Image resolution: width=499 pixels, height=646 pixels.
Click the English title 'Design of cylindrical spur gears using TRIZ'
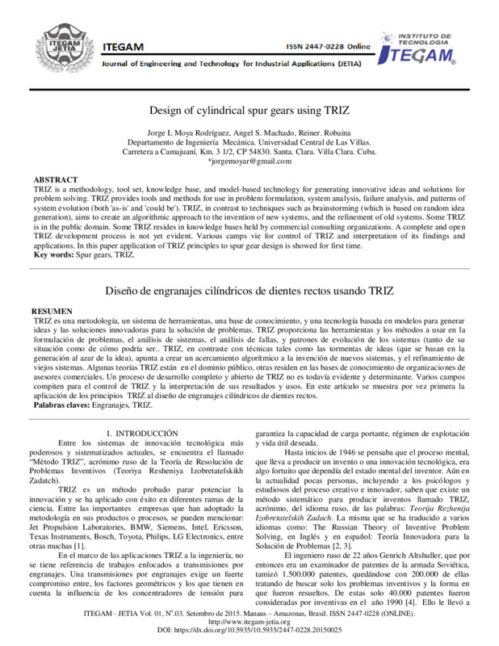(249, 110)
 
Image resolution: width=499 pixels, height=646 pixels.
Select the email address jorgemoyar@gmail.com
(249, 161)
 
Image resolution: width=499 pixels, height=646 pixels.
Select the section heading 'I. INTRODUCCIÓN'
(142, 434)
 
